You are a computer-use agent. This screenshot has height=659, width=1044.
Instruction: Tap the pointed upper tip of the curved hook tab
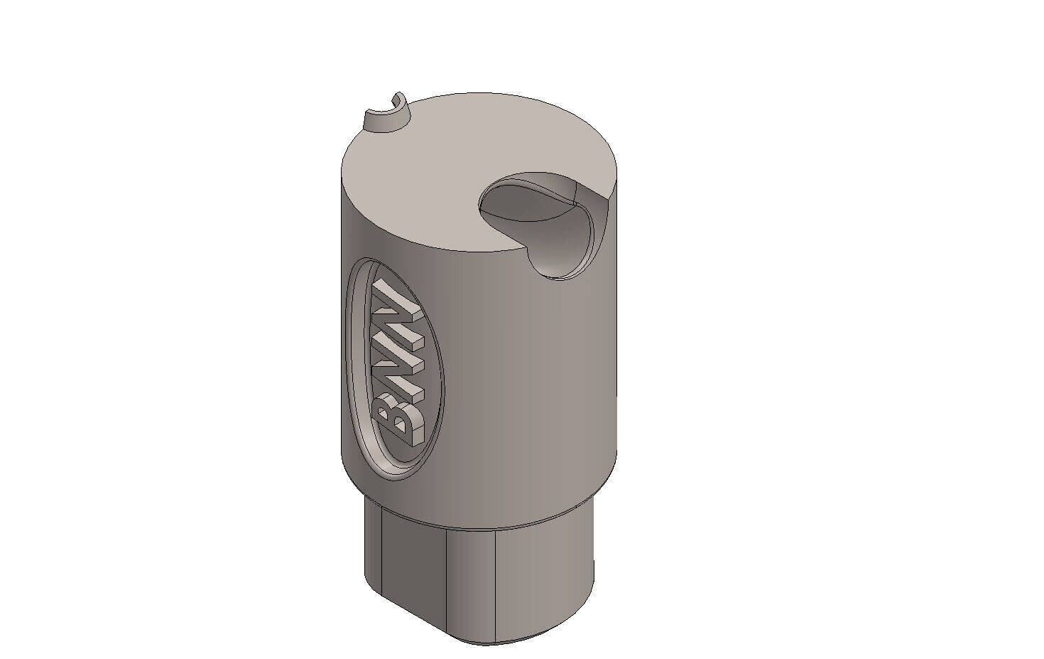point(398,95)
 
